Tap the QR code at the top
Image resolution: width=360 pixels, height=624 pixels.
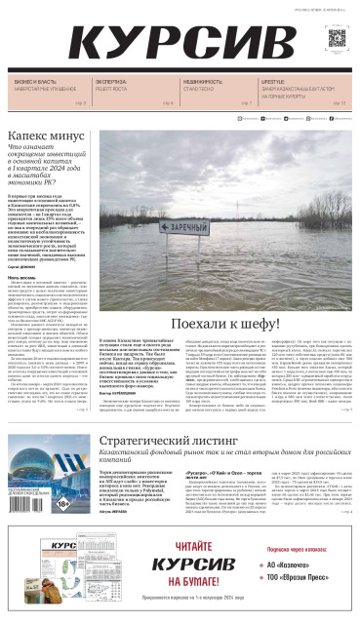coord(337,40)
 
